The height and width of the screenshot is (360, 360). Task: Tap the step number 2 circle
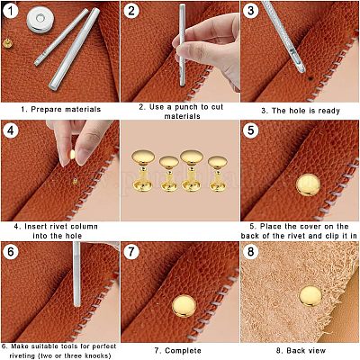coord(132,12)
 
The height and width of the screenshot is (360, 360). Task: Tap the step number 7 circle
coord(132,251)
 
